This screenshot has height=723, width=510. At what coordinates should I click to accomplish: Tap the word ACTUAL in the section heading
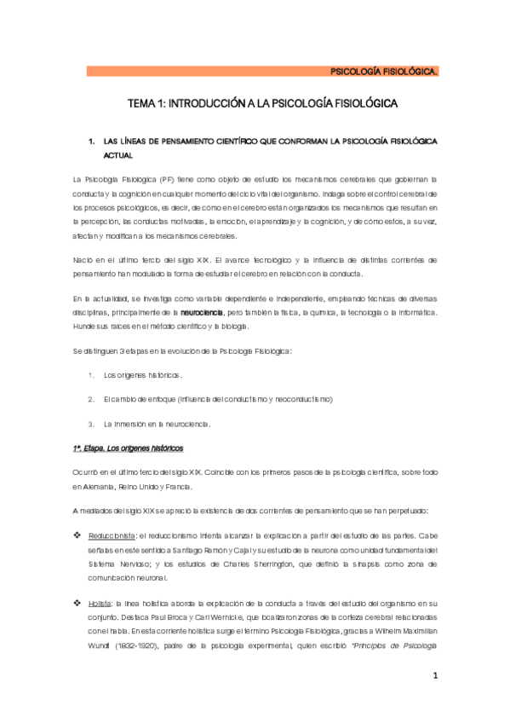pyautogui.click(x=117, y=157)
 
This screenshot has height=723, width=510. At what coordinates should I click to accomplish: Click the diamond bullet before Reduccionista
pyautogui.click(x=78, y=534)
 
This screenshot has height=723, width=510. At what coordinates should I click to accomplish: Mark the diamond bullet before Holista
pyautogui.click(x=78, y=601)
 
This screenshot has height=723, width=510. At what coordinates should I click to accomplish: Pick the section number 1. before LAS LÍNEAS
pyautogui.click(x=91, y=142)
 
